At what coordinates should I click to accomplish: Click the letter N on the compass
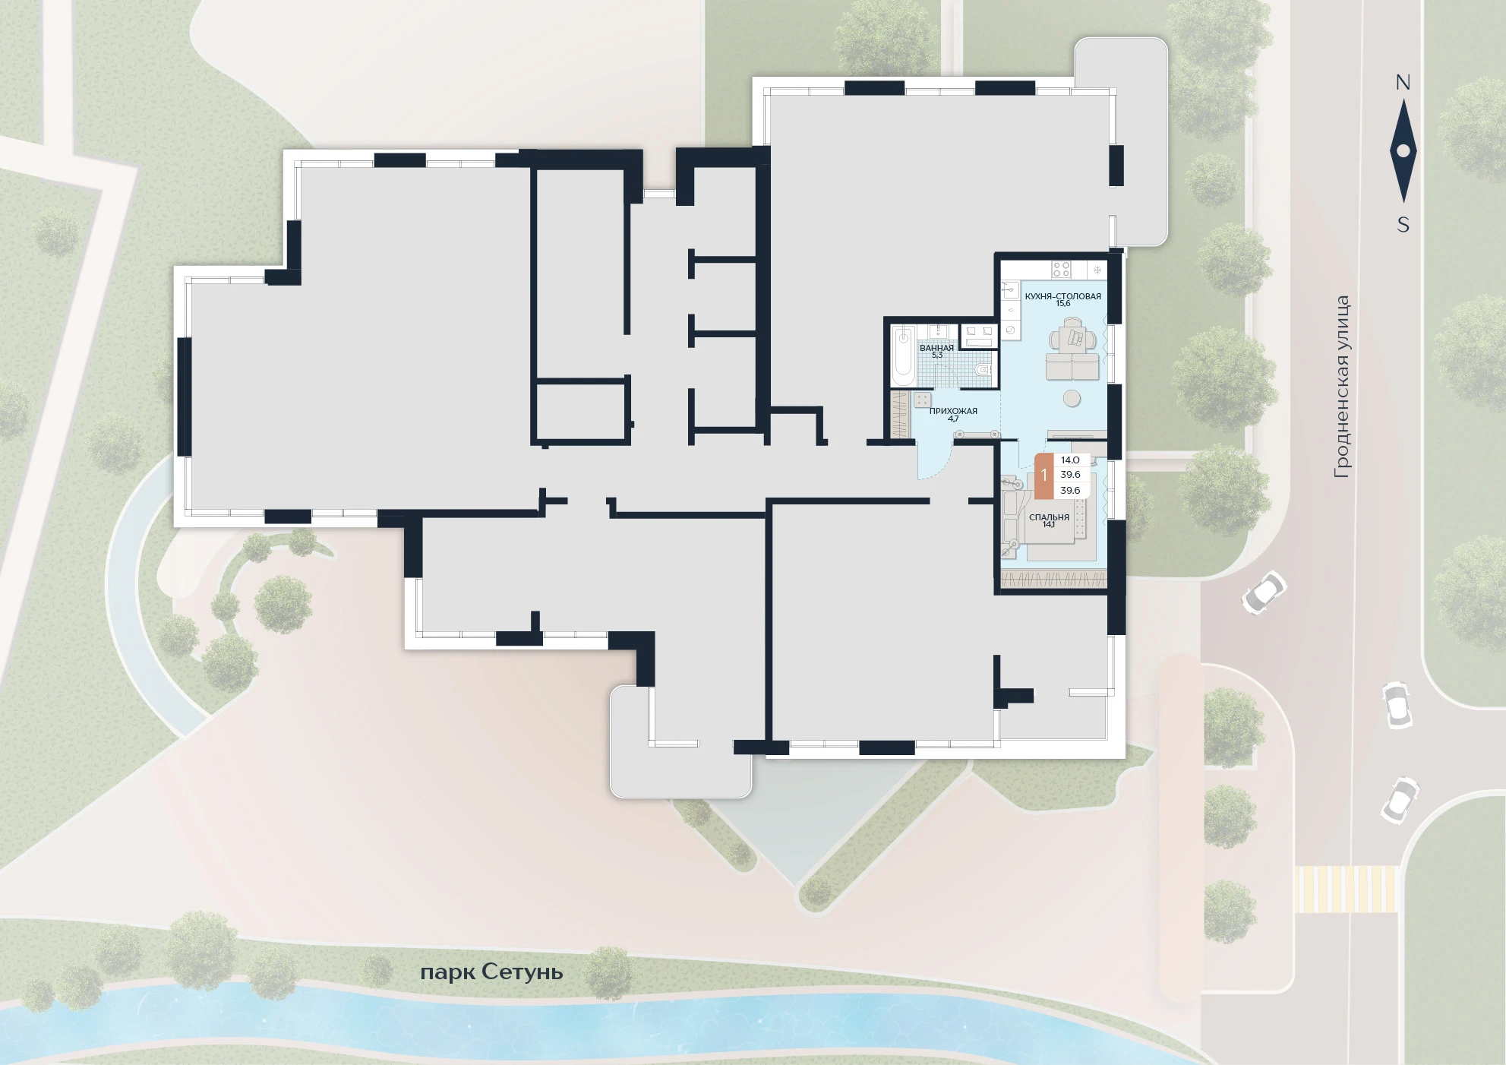coord(1403,83)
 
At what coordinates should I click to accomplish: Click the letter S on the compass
coord(1403,225)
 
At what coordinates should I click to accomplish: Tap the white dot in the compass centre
coord(1403,151)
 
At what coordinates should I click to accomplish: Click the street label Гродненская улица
coord(1342,387)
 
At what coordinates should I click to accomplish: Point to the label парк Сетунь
coord(491,972)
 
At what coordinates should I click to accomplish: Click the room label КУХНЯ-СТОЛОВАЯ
coord(1062,296)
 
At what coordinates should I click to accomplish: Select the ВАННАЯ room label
coord(936,348)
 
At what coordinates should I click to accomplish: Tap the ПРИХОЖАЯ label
coord(953,411)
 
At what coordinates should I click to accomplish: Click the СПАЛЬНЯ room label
coord(1049,517)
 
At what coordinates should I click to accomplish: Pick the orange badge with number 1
coord(1044,476)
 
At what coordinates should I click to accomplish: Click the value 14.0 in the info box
coord(1070,460)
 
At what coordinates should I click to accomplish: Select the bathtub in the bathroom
coord(903,356)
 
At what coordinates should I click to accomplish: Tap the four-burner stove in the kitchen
coord(1061,269)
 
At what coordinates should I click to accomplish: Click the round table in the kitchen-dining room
coord(1072,398)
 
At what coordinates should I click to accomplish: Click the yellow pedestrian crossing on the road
coord(1346,890)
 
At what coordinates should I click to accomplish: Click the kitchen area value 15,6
coord(1062,304)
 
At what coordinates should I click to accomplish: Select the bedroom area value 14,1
coord(1049,525)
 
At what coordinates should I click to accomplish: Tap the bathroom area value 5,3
coord(936,355)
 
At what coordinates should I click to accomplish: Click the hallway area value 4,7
coord(953,419)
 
